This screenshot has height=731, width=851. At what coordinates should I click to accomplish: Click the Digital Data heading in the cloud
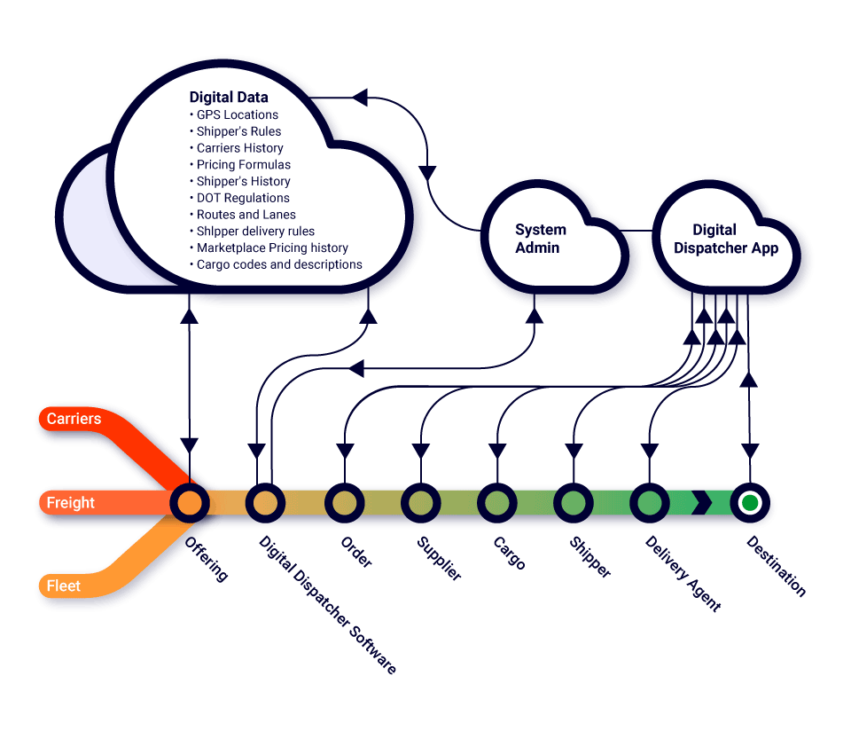(229, 97)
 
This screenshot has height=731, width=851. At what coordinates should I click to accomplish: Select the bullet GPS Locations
(238, 114)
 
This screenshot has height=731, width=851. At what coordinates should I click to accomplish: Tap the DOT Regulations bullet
(243, 198)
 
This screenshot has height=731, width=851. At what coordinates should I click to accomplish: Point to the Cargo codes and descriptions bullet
(279, 264)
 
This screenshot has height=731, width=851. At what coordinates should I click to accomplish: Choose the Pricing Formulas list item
(244, 164)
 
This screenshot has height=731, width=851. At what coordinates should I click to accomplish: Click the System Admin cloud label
(540, 239)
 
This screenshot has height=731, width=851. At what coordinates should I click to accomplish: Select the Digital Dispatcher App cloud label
(725, 239)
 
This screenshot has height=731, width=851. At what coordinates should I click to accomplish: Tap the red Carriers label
(74, 418)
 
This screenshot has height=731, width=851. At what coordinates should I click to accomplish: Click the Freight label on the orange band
(70, 503)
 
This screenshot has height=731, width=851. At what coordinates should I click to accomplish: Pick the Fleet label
(63, 586)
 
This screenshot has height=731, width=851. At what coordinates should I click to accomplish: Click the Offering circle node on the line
(189, 503)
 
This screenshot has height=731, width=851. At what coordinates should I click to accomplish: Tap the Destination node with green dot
(750, 503)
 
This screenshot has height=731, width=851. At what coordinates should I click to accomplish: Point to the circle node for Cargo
(496, 503)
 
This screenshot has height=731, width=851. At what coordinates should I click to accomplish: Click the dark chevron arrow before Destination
(702, 503)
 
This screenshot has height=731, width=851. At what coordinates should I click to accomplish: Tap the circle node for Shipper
(574, 503)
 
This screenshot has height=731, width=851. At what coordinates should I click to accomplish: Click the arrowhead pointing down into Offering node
(189, 444)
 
